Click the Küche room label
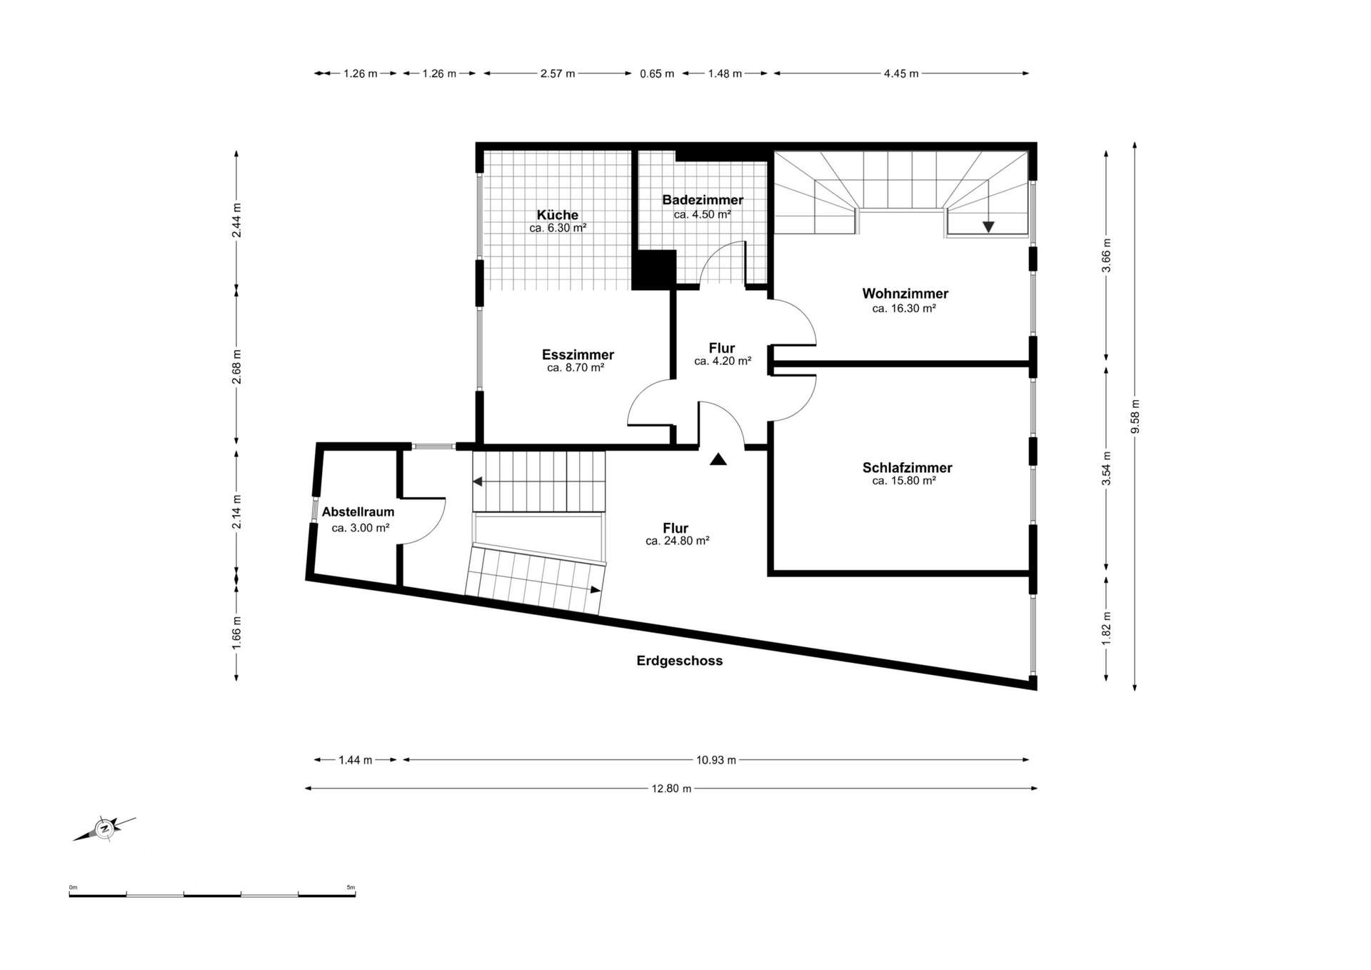pos(558,215)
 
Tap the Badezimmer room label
pos(703,200)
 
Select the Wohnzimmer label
pos(905,294)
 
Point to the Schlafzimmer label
pos(907,468)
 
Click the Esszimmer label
pos(578,355)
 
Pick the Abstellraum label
pos(358,512)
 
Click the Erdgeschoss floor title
pos(680,661)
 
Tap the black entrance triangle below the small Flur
pos(718,459)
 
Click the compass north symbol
pos(104,829)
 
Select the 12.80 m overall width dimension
pos(671,789)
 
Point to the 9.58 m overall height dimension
pos(1135,416)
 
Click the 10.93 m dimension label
pos(716,760)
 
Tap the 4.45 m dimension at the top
pos(901,74)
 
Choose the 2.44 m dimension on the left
pos(236,220)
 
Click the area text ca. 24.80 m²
pos(677,541)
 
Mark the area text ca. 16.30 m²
pos(904,309)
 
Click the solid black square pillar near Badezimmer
pos(654,270)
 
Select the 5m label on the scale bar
pos(351,887)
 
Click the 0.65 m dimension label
pos(657,74)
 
